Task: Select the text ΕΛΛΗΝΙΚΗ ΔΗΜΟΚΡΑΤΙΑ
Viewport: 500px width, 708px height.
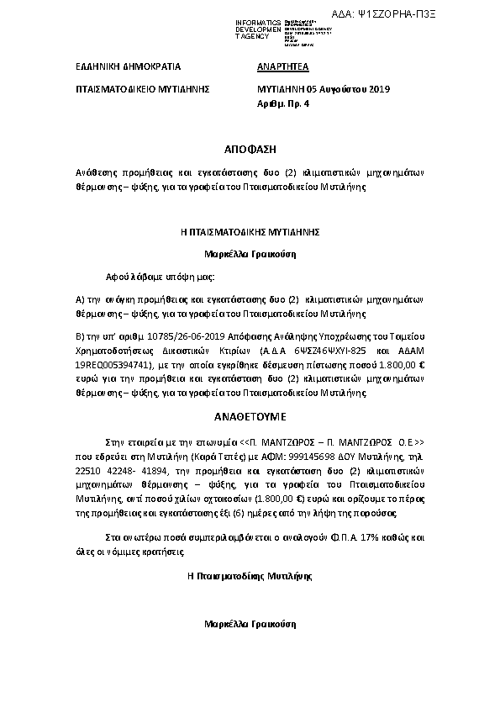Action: pos(123,65)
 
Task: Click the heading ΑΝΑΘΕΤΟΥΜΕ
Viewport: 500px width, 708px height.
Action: pos(250,415)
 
